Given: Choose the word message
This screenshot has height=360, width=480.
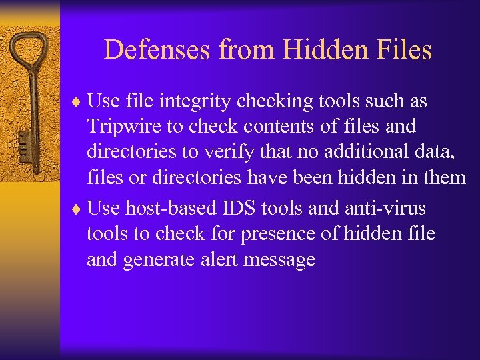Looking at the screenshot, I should pyautogui.click(x=279, y=260).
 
